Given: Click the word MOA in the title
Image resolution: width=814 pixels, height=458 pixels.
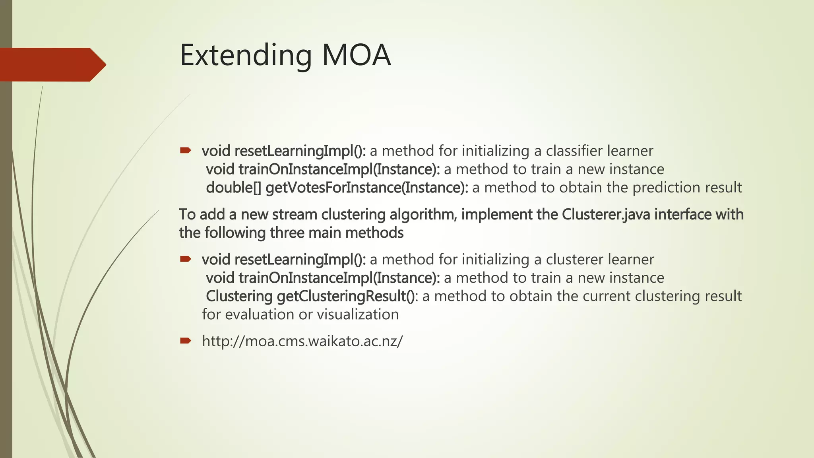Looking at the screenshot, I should coord(357,55).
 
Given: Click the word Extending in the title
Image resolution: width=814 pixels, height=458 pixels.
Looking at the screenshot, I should coord(246,56).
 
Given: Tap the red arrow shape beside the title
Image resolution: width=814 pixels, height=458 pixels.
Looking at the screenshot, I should coord(52,64).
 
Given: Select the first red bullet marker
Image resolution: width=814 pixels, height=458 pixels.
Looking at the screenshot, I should coord(186,150).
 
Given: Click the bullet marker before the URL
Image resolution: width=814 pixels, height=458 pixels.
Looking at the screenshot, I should coord(186,340).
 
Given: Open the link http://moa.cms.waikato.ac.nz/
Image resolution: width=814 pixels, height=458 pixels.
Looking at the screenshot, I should coord(302,341).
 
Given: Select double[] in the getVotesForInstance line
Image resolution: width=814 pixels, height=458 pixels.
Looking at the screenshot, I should coord(233,188).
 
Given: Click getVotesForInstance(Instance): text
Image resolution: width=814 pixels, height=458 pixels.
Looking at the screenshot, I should coord(367,188).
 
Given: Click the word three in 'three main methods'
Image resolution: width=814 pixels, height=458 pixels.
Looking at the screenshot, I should coord(287,233).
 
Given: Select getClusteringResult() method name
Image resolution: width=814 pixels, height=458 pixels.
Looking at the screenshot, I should coord(345,296).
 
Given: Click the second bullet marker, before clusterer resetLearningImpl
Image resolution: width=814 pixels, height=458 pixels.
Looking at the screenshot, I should coord(186,259).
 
